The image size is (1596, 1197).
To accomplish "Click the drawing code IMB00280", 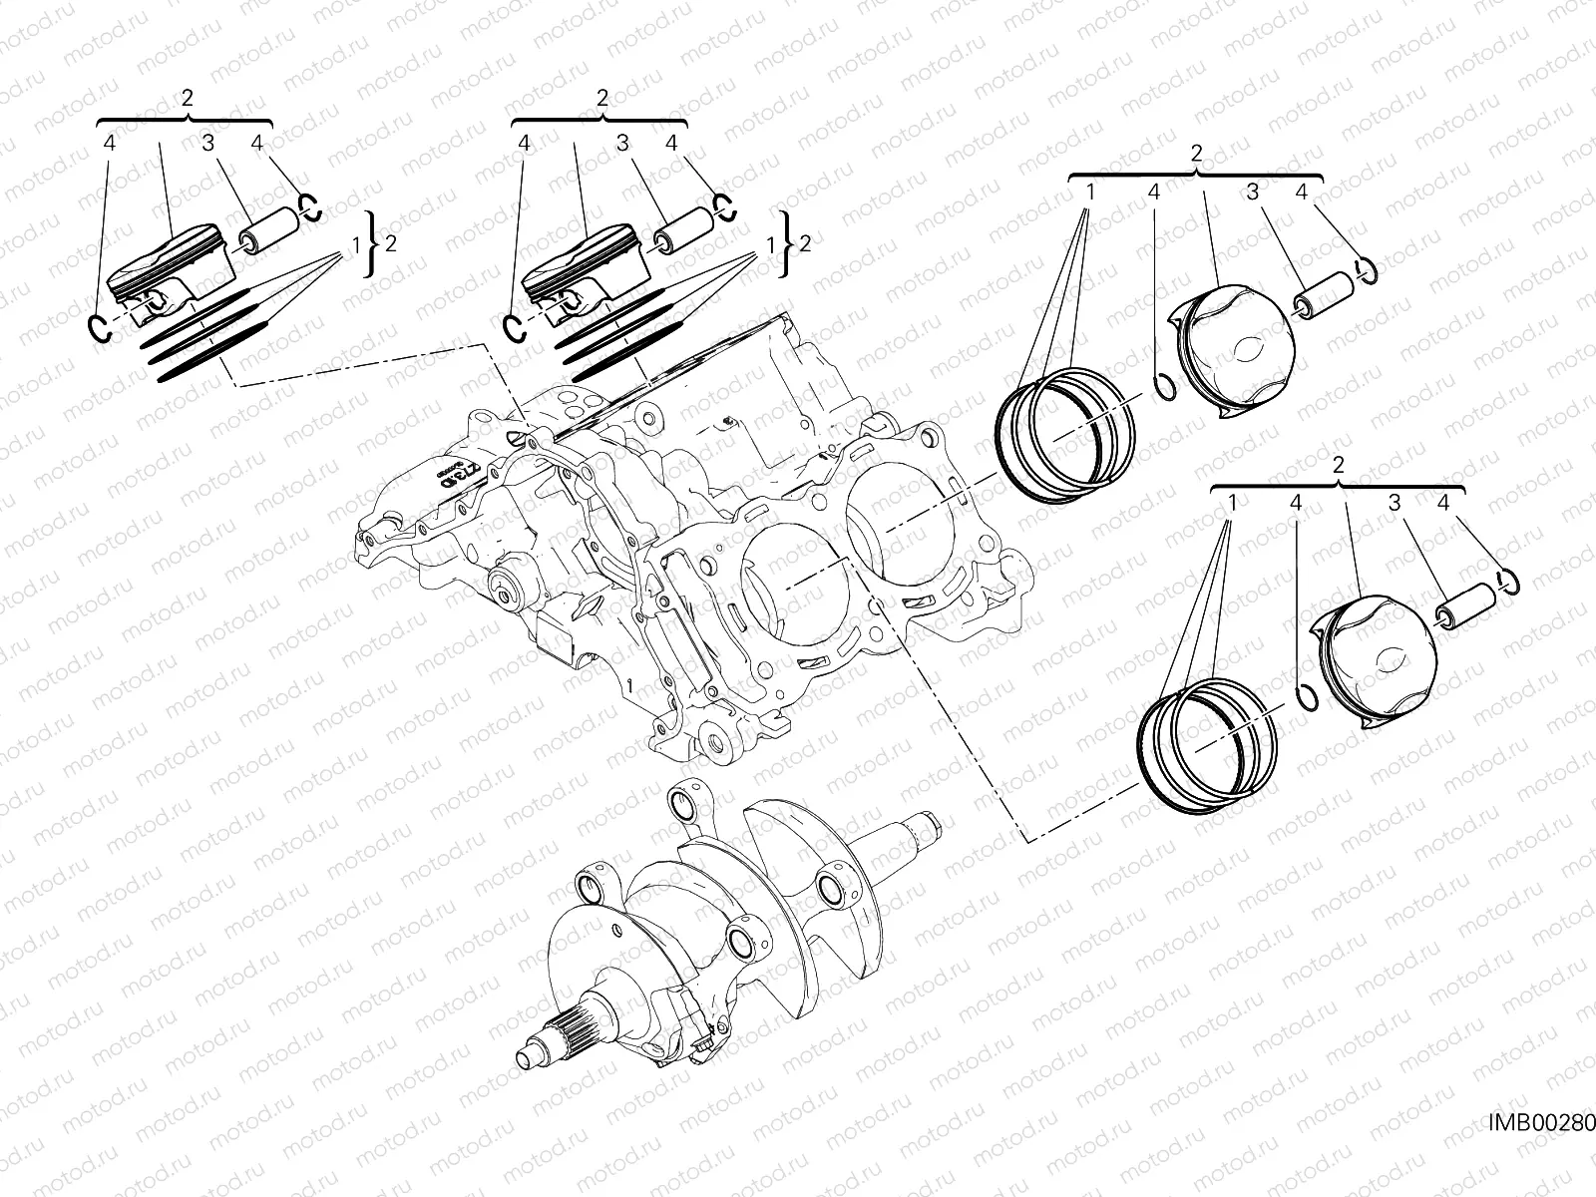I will (x=1541, y=1151).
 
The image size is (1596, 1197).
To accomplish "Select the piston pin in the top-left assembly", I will (x=267, y=230).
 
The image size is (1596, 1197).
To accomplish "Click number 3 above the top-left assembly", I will (x=207, y=144).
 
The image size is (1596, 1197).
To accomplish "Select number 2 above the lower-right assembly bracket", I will (x=1338, y=465).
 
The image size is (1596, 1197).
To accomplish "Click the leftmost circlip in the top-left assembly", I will (x=97, y=326).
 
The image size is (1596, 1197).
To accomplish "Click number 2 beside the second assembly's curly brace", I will (x=805, y=242).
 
